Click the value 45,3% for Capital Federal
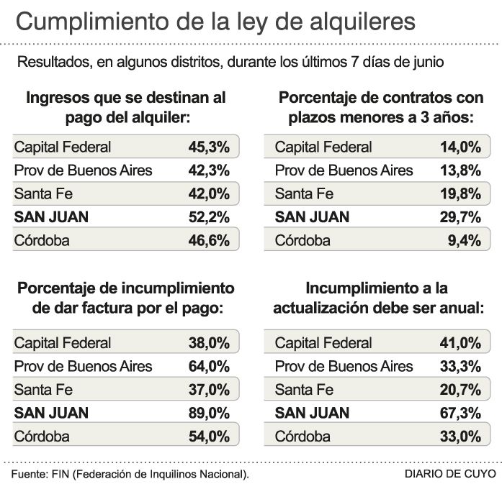click(x=209, y=147)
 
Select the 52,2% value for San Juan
click(x=209, y=217)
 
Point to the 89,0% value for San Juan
click(x=209, y=413)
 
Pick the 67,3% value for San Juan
click(x=460, y=413)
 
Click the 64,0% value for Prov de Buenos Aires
click(x=209, y=366)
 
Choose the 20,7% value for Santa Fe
click(x=460, y=390)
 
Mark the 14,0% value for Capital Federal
click(x=460, y=147)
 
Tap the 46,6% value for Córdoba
click(x=209, y=241)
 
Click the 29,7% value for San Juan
click(x=460, y=217)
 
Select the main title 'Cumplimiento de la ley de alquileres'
click(x=215, y=22)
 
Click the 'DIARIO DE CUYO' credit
click(x=450, y=474)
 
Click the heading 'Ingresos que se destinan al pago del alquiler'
click(x=126, y=106)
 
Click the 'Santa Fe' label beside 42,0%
click(x=43, y=194)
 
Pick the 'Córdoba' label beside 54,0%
click(x=42, y=437)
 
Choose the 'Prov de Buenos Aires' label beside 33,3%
click(x=344, y=366)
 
